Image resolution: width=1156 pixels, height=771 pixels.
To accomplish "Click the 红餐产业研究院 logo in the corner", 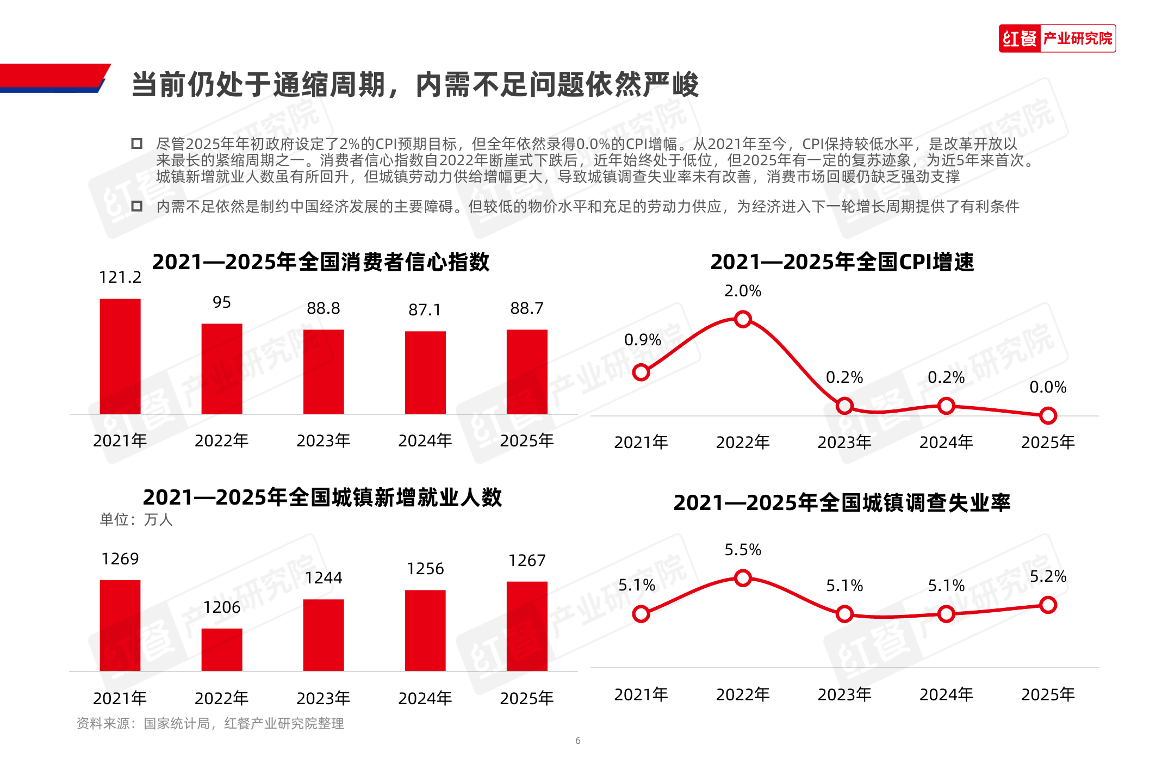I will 1056,39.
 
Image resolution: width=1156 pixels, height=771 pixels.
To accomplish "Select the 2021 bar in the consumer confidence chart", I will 120,356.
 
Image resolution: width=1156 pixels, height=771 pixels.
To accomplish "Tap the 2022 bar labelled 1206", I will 222,649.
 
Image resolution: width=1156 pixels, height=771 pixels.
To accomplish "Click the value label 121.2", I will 120,277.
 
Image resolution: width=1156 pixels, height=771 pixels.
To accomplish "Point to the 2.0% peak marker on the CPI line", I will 743,319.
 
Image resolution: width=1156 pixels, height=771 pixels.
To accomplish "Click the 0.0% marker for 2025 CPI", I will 1048,416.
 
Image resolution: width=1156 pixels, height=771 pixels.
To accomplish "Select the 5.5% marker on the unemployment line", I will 743,578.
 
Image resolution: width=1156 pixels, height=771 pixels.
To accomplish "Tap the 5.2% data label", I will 1048,576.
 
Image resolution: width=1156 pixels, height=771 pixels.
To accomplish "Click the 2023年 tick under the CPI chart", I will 844,442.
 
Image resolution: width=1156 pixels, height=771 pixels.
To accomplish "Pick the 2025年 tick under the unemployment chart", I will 1048,694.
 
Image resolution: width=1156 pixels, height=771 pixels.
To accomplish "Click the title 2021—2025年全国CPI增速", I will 842,262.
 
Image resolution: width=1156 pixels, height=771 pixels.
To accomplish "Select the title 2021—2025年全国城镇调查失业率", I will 842,503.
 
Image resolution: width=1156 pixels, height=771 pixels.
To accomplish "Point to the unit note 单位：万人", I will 136,520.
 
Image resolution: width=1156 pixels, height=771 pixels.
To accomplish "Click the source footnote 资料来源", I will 210,724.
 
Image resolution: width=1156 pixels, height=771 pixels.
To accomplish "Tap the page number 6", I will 578,741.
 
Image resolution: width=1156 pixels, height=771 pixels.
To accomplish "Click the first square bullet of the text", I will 137,144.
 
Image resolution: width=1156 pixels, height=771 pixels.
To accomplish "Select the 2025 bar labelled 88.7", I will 527,371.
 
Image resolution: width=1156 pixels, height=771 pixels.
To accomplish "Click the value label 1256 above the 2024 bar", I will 425,569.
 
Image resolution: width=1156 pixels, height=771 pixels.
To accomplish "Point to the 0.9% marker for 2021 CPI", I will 641,372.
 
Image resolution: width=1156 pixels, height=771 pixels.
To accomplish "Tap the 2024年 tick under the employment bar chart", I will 425,698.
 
